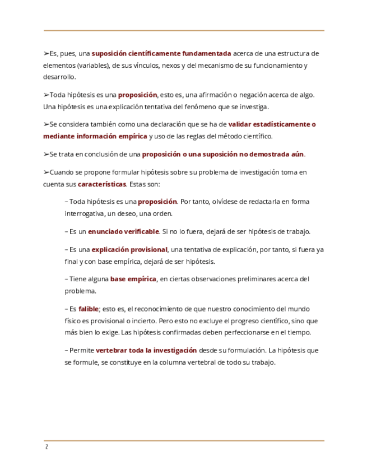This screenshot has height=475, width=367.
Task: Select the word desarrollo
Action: click(58, 77)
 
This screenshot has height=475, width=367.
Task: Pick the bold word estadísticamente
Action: click(281, 124)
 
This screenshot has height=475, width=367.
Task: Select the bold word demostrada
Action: click(264, 154)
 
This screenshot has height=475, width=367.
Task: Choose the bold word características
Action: click(102, 184)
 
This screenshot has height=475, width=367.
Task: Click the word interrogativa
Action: click(86, 213)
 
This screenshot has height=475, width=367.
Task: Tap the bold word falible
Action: click(89, 309)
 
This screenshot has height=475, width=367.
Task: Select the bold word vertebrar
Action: click(112, 350)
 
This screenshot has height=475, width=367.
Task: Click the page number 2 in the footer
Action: click(47, 447)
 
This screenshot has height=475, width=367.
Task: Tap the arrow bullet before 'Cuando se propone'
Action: click(46, 172)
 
